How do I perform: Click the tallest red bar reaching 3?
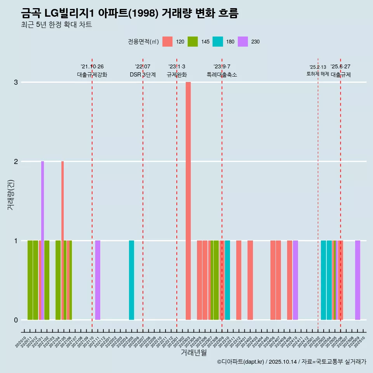pos(188,200)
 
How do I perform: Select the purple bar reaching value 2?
pos(43,240)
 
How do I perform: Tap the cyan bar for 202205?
pos(131,280)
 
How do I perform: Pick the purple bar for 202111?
pos(98,280)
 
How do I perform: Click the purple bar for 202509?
pos(357,280)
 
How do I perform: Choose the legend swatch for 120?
pos(167,42)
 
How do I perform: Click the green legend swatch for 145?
pos(192,42)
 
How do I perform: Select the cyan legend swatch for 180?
pos(218,42)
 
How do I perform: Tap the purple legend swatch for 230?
pos(243,42)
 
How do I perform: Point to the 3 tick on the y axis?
pos(16,82)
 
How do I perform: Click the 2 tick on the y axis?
pos(16,162)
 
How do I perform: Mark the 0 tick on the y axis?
pos(16,320)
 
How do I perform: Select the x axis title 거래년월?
pos(193,352)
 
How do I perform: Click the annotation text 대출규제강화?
pos(92,75)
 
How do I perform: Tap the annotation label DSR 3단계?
pos(143,75)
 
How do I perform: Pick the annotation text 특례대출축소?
pos(221,75)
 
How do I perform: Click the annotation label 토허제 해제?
pos(317,74)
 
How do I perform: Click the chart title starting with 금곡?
pos(129,13)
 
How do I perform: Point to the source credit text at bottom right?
pos(291,362)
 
